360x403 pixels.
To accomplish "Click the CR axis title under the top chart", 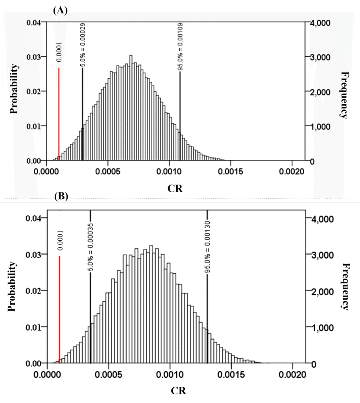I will point(175,189).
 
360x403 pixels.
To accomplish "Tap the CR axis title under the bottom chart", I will point(178,391).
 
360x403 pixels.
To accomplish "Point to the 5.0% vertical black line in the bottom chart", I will point(90,315).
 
